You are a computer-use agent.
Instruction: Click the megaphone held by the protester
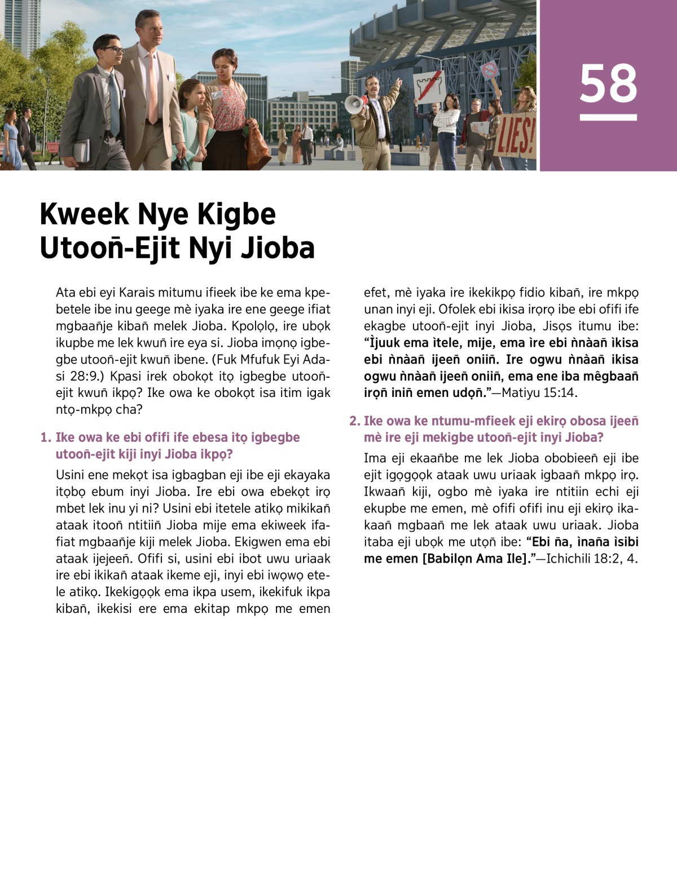354,104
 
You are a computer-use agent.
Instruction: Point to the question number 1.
46,438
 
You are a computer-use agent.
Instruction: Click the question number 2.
354,421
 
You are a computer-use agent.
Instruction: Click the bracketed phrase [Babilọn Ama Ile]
474,559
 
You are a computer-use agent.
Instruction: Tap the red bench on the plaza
52,149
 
